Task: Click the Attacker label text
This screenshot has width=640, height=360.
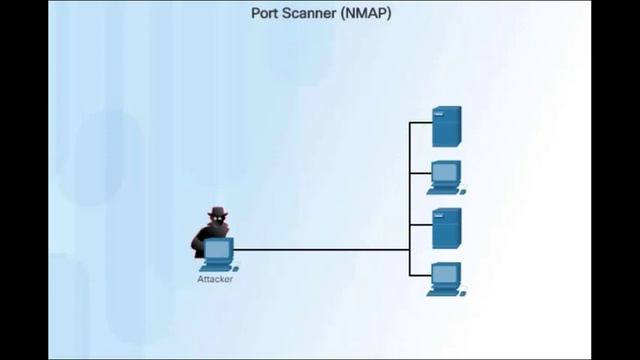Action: tap(215, 279)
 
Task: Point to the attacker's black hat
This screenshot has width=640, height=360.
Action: tap(217, 212)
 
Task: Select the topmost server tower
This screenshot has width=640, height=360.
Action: tap(446, 126)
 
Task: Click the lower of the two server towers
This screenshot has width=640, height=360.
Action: tap(446, 228)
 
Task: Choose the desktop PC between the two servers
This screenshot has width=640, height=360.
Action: tap(445, 176)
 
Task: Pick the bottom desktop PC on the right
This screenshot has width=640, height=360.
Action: tap(445, 278)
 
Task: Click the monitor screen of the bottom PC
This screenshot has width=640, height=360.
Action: tap(445, 273)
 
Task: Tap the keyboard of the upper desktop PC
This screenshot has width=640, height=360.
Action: tap(446, 191)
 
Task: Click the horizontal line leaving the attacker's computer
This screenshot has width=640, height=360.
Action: tap(320, 250)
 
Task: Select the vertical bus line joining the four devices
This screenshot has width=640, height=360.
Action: tap(410, 200)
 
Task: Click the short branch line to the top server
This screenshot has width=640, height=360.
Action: tap(421, 123)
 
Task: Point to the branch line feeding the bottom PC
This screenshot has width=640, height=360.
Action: tap(419, 276)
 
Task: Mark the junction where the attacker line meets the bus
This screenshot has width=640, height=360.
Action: tap(410, 250)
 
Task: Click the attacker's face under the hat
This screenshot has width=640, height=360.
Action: tap(217, 221)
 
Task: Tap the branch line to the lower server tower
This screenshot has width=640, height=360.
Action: tap(421, 225)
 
